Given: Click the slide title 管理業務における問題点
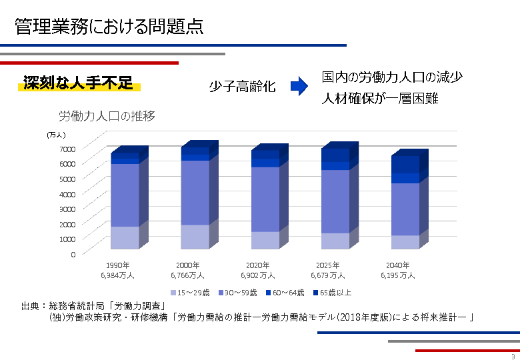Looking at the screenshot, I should [109, 27].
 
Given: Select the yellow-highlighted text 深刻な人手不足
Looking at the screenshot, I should [78, 83].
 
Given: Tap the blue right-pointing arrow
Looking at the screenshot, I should [298, 86].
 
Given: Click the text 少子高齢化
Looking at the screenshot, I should [242, 87].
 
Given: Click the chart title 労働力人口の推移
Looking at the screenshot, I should [107, 117].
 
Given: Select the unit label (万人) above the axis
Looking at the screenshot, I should [56, 135].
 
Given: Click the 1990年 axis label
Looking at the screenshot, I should [118, 265].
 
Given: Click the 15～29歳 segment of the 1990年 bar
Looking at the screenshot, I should [125, 237].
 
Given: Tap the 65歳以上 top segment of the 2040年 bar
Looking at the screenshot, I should [405, 164].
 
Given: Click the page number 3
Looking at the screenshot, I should [513, 356].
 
